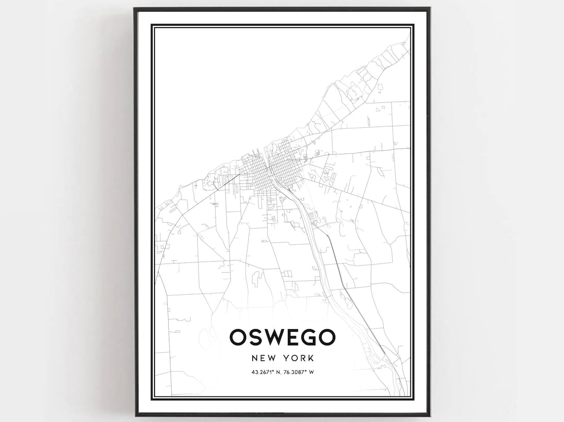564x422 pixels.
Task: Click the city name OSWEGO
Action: pos(282,337)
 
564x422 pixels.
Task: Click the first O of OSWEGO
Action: pos(239,337)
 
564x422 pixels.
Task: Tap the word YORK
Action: pos(299,358)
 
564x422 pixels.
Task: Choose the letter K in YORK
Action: pos(310,358)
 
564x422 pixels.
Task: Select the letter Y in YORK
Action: pos(288,358)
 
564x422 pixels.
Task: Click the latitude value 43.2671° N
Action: pos(264,372)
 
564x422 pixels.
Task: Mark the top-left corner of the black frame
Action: pos(135,8)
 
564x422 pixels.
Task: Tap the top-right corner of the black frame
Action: pos(429,8)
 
